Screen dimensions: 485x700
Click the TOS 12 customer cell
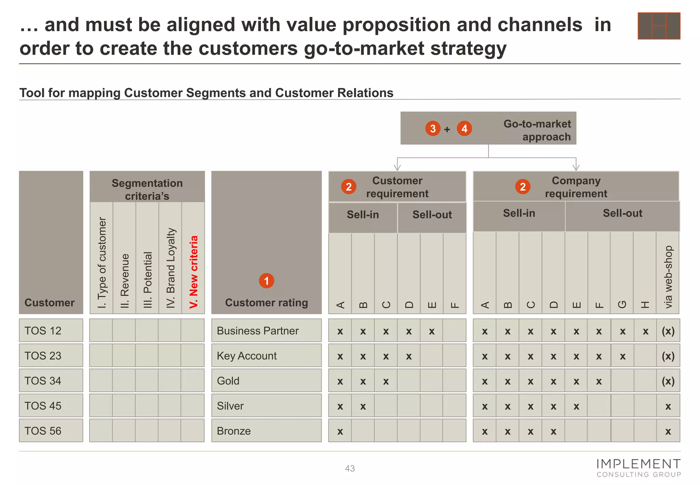tap(51, 330)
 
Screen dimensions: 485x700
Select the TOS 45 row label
tap(51, 406)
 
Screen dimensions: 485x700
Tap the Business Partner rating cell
tap(266, 330)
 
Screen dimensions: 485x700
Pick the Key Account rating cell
tap(266, 356)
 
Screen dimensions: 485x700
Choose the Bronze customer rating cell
tap(266, 431)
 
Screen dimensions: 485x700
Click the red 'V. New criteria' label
tap(193, 272)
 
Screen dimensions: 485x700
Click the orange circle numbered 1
tap(266, 281)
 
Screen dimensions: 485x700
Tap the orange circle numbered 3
tap(433, 129)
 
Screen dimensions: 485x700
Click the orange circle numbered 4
tap(464, 129)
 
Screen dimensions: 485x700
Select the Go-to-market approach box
tap(488, 128)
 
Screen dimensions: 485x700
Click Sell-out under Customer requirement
tap(432, 215)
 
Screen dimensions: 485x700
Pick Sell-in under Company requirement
tap(519, 213)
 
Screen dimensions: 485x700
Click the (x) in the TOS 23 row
tap(668, 356)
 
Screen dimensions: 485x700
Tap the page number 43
tap(350, 468)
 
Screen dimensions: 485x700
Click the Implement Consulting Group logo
tap(638, 468)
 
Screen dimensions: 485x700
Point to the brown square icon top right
tap(659, 26)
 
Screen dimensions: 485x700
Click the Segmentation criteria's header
tap(147, 189)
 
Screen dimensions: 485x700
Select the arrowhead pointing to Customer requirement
tap(397, 168)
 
